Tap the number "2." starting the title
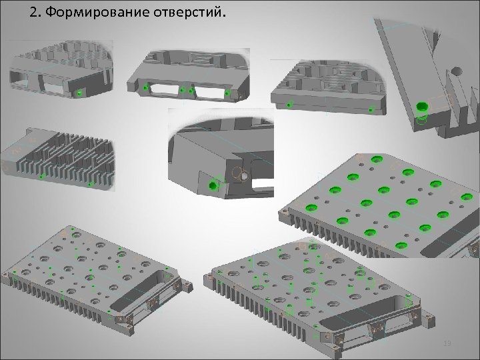(x=35, y=13)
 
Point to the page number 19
(x=447, y=343)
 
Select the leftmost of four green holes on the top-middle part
(x=145, y=87)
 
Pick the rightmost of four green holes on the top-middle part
(x=226, y=93)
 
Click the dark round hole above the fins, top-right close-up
(x=456, y=70)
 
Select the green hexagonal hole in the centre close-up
(x=213, y=186)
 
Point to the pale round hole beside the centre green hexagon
(x=242, y=175)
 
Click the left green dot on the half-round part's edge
(x=289, y=105)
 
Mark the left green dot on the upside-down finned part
(x=42, y=177)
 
